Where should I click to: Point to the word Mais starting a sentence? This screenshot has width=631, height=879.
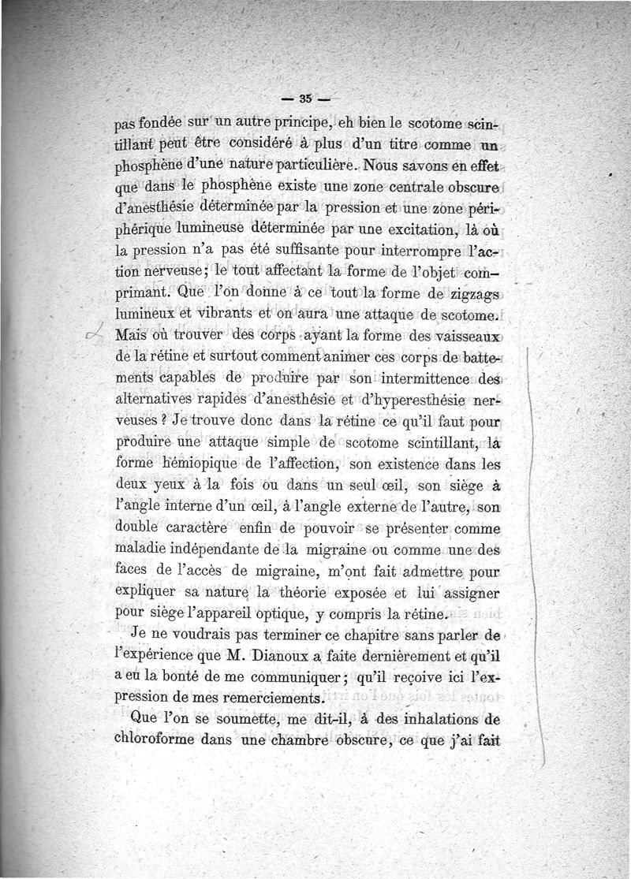[132, 335]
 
